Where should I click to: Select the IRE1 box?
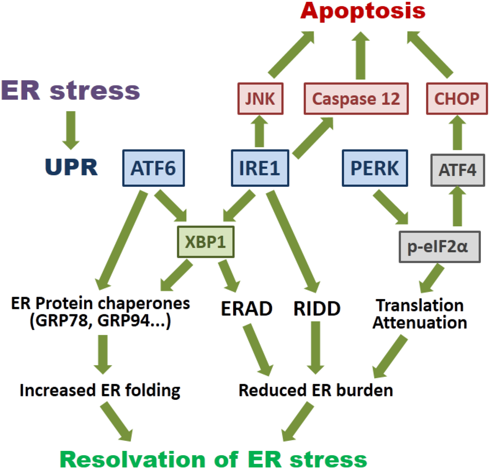[260, 168]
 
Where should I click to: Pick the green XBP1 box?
[206, 242]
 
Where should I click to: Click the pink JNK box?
[260, 99]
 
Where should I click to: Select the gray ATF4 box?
[453, 170]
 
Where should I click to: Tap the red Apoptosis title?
[363, 11]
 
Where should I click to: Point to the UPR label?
[72, 167]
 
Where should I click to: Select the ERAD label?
[246, 309]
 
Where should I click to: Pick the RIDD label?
[317, 309]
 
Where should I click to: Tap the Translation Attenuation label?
[419, 314]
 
